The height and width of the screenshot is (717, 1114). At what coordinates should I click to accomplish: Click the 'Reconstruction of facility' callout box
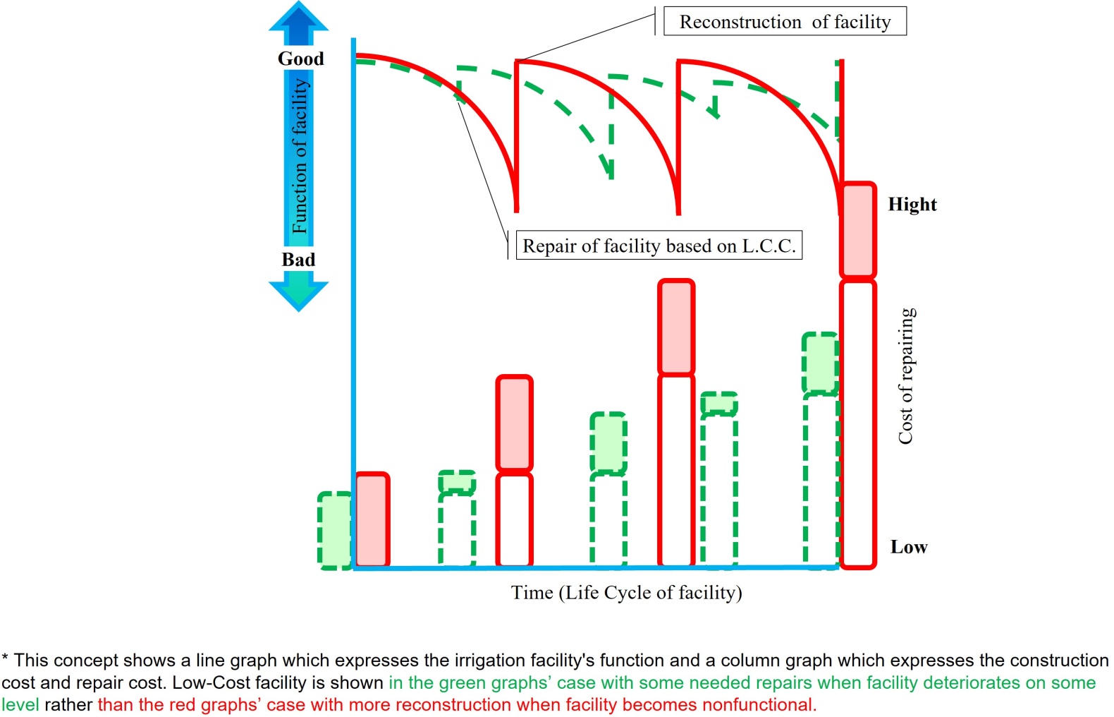pyautogui.click(x=785, y=21)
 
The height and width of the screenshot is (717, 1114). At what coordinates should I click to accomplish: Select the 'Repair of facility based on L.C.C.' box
pyautogui.click(x=659, y=245)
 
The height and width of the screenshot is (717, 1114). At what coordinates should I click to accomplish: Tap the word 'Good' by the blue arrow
pyautogui.click(x=300, y=59)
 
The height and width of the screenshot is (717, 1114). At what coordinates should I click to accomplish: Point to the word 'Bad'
pyautogui.click(x=298, y=260)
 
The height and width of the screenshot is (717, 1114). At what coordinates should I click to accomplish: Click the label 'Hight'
pyautogui.click(x=912, y=204)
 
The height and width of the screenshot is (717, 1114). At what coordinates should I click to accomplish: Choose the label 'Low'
pyautogui.click(x=909, y=547)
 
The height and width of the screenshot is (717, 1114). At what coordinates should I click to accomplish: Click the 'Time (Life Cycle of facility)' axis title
pyautogui.click(x=627, y=593)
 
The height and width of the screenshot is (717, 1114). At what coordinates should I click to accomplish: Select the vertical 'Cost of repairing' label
pyautogui.click(x=905, y=376)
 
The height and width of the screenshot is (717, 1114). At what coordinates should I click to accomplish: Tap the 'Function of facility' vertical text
pyautogui.click(x=300, y=156)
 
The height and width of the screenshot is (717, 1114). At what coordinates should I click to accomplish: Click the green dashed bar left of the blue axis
pyautogui.click(x=335, y=531)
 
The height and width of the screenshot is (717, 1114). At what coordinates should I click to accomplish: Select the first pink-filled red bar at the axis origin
pyautogui.click(x=372, y=519)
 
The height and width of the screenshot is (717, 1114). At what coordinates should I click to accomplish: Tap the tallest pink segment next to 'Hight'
pyautogui.click(x=858, y=229)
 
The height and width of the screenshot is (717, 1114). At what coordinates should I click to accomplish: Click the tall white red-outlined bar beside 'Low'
pyautogui.click(x=858, y=424)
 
